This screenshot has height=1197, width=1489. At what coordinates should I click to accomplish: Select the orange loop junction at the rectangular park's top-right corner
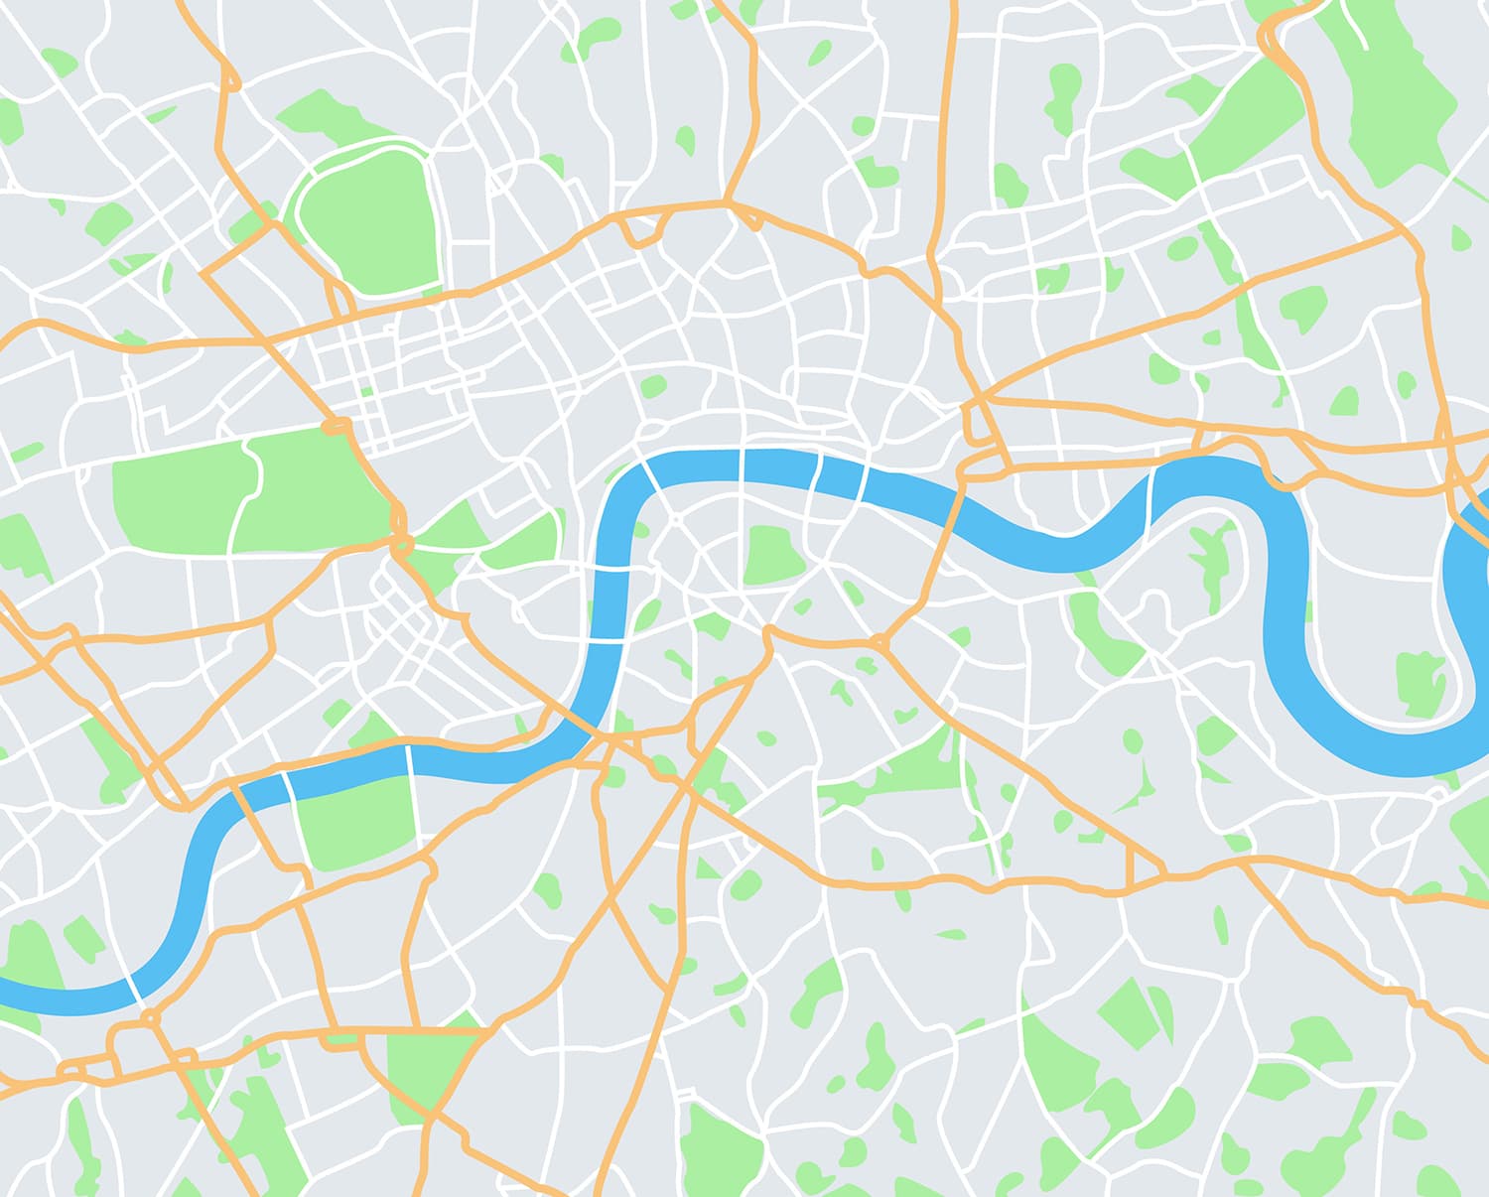click(x=337, y=427)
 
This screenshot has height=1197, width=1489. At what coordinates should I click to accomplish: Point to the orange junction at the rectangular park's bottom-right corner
click(x=401, y=544)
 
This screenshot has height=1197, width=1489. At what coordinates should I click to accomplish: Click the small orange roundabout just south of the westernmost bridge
click(x=150, y=1018)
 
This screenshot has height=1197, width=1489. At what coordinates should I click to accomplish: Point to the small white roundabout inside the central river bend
click(x=676, y=518)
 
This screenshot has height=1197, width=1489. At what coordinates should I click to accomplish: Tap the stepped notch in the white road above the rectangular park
click(x=165, y=417)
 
